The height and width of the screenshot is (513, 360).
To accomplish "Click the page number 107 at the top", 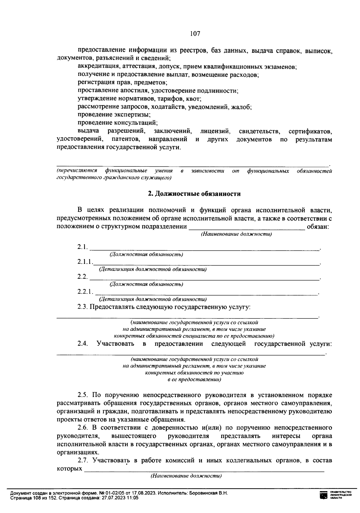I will click(195, 34).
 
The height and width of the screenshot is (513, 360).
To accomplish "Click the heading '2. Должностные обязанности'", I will click(194, 194).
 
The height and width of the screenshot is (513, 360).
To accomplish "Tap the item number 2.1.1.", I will click(84, 262).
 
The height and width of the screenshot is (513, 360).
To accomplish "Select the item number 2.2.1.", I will click(85, 291).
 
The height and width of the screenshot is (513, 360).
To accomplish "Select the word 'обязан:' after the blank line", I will click(318, 227).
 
